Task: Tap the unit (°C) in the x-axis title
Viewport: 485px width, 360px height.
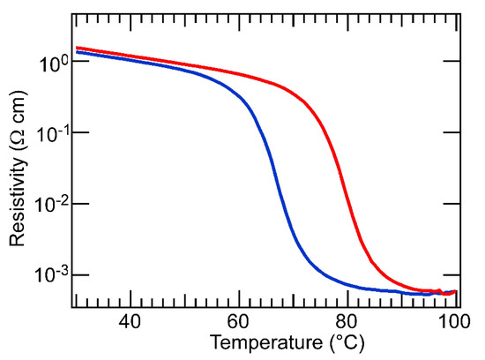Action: [314, 341]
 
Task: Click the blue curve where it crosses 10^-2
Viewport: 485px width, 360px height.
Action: [284, 206]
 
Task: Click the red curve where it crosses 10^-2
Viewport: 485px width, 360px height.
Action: [351, 206]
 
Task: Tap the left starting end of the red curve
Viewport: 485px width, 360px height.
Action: [78, 49]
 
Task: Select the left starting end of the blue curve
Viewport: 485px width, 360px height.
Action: [78, 53]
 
